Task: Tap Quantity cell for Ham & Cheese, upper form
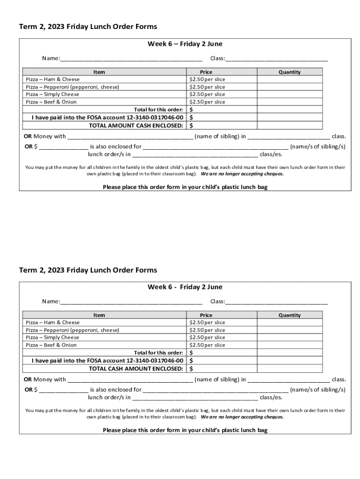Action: point(289,80)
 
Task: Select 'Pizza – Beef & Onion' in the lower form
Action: point(51,345)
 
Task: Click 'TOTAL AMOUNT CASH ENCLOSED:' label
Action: point(136,125)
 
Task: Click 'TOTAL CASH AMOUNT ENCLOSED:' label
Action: point(136,369)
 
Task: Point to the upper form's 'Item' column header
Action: point(99,72)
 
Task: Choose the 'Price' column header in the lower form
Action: point(206,315)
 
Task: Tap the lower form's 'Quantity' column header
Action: point(289,315)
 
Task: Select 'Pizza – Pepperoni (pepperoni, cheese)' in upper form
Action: point(72,87)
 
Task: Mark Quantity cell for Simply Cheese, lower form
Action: point(289,338)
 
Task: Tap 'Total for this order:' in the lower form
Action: point(158,353)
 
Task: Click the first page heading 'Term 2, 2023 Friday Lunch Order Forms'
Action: point(88,27)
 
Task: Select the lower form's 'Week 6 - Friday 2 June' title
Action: point(185,287)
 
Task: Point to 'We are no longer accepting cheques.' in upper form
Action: point(242,174)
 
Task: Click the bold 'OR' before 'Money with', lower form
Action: point(28,379)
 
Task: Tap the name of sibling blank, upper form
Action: point(130,137)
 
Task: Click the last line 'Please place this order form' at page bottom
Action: point(185,430)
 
